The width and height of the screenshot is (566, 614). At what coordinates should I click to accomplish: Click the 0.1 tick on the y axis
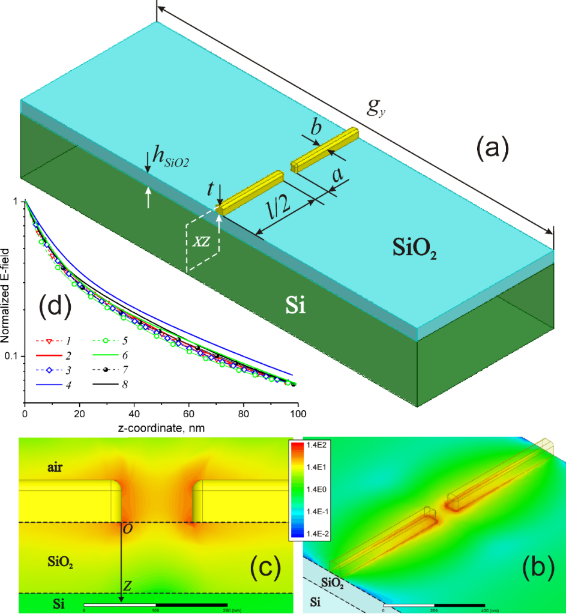[11, 356]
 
